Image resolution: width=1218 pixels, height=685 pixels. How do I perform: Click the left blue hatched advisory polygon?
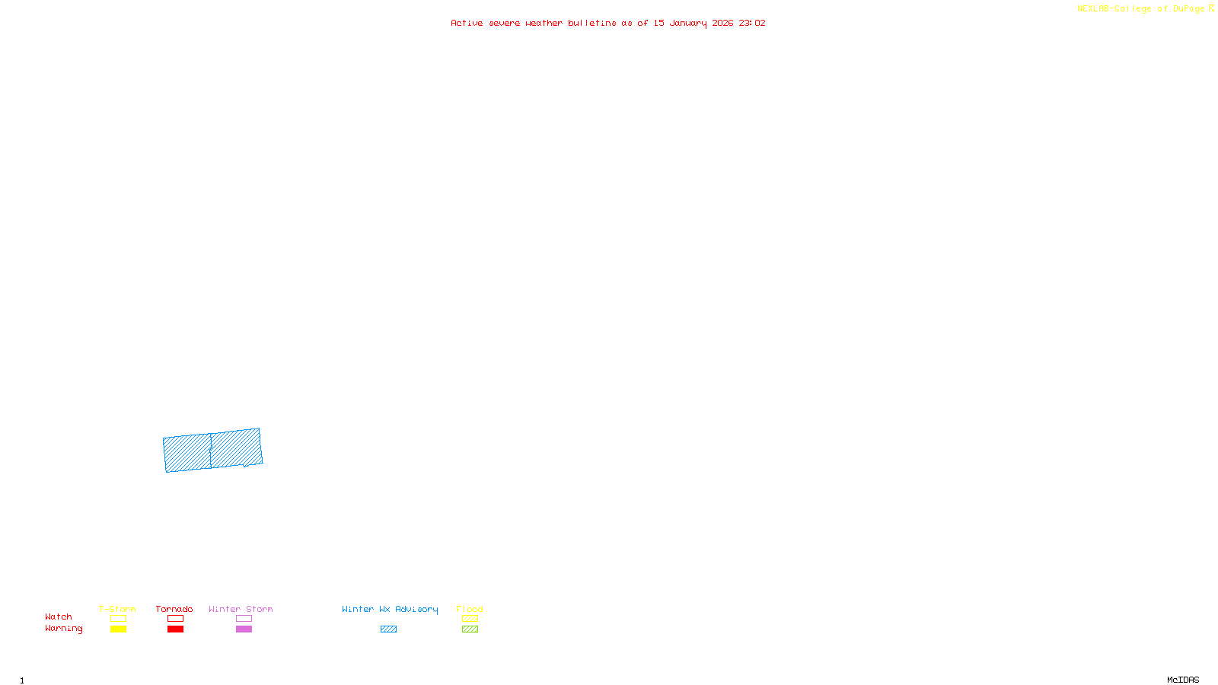coord(187,454)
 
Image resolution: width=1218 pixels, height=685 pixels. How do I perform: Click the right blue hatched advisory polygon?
coord(237,448)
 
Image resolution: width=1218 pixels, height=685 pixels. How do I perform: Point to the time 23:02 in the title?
coord(751,23)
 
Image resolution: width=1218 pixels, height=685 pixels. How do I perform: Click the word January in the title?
coord(687,23)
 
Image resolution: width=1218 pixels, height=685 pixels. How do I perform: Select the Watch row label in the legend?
coord(59,616)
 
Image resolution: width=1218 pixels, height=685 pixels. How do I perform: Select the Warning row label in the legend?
coord(64,629)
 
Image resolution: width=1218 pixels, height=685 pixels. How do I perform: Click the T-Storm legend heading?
coord(117,609)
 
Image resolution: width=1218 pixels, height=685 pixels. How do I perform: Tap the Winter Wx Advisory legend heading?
coord(390,609)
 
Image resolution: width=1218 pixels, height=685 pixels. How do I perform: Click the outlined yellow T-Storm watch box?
coord(118,619)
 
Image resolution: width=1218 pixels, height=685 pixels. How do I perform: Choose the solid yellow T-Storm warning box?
coord(118,629)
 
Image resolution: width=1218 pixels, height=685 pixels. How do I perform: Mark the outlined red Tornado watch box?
coord(175,619)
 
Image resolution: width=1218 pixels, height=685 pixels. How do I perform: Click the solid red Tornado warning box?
coord(175,629)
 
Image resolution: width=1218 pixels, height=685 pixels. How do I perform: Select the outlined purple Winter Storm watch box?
coord(244,619)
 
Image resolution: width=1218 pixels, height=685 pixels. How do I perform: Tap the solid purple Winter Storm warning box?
coord(244,629)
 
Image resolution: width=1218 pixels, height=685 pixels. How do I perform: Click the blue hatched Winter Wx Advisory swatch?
coord(388,629)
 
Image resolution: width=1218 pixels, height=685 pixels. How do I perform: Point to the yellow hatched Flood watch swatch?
coord(470,619)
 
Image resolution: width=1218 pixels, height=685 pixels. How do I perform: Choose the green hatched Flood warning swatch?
coord(470,629)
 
